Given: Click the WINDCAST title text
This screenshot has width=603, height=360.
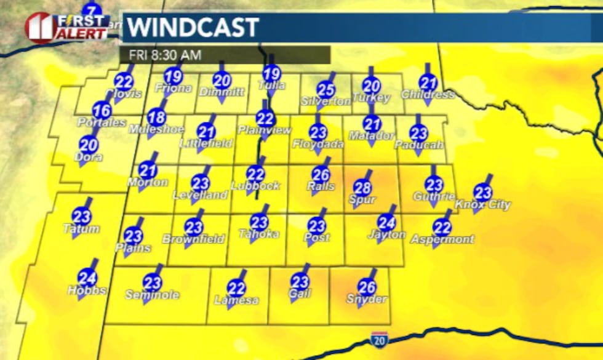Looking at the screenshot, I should pos(193,28).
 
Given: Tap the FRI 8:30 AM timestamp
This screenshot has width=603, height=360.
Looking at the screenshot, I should pos(165,55).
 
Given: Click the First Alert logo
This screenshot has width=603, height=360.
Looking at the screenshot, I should pos(66,26).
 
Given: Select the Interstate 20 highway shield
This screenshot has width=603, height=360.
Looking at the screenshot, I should pos(379,338).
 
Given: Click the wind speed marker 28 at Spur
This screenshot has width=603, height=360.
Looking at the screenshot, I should pos(363,187).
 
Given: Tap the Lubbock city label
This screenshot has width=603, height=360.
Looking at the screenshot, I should pos(256,185).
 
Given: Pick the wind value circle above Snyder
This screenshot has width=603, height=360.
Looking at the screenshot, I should pos(367,287).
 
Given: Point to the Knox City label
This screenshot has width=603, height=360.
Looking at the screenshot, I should pos(483,205).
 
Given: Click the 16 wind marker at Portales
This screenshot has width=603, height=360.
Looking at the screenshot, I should pos(102,111).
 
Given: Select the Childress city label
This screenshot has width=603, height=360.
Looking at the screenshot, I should pos(428,95).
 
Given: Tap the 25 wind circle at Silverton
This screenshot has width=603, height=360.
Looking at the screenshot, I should pos(326,90).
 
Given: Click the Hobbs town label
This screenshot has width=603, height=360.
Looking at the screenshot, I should pos(87,290).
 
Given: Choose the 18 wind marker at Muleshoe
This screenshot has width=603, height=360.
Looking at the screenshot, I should pos(157,117).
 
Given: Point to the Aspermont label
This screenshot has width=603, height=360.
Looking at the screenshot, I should pos(443,239).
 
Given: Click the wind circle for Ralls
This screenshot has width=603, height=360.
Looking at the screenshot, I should pos(321,174).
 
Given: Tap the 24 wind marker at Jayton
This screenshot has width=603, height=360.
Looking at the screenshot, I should pos(386,223).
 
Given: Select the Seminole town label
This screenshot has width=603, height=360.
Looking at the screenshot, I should pos(152,295).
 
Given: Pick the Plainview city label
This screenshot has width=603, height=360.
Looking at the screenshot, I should pos(264,130).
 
